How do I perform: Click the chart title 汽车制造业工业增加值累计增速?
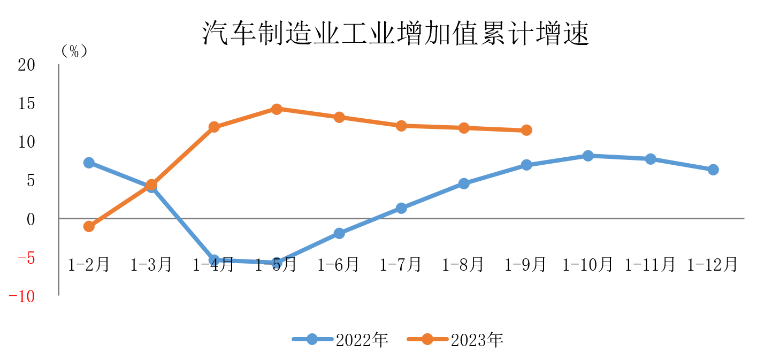[x=395, y=34]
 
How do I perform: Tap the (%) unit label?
[x=74, y=51]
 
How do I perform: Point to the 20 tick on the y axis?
[x=26, y=65]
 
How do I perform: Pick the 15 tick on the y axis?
[x=26, y=104]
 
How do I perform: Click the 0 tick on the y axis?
[x=30, y=219]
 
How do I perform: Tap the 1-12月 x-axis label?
[x=713, y=264]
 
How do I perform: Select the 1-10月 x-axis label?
[x=587, y=264]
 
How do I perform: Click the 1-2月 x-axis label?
[x=89, y=264]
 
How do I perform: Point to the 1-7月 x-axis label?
[x=401, y=264]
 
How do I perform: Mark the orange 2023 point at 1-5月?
[x=277, y=109]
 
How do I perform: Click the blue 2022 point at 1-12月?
[x=713, y=170]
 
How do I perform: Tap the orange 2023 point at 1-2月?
[x=89, y=226]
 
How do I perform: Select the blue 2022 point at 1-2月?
[x=89, y=163]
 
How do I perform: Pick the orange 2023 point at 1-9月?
[x=526, y=130]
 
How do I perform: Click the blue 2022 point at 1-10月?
[x=588, y=156]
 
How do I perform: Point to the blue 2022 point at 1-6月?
[x=339, y=233]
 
